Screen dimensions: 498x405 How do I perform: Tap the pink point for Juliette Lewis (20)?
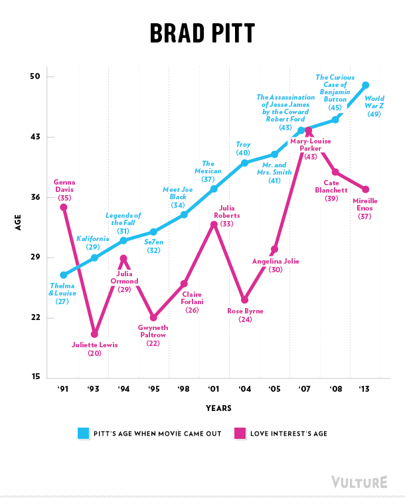click(x=94, y=334)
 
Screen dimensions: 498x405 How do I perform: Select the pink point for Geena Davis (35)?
click(x=64, y=207)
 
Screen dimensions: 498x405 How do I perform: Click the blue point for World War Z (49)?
click(x=365, y=86)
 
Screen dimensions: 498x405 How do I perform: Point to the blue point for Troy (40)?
click(x=244, y=163)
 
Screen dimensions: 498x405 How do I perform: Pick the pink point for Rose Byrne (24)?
click(x=244, y=300)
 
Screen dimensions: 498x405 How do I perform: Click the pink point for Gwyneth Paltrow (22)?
click(x=153, y=317)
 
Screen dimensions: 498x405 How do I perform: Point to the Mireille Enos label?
click(x=364, y=203)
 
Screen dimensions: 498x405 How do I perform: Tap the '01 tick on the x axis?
click(x=213, y=388)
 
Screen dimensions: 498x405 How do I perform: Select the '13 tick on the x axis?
click(x=365, y=388)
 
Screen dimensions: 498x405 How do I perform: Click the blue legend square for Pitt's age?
click(x=82, y=434)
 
